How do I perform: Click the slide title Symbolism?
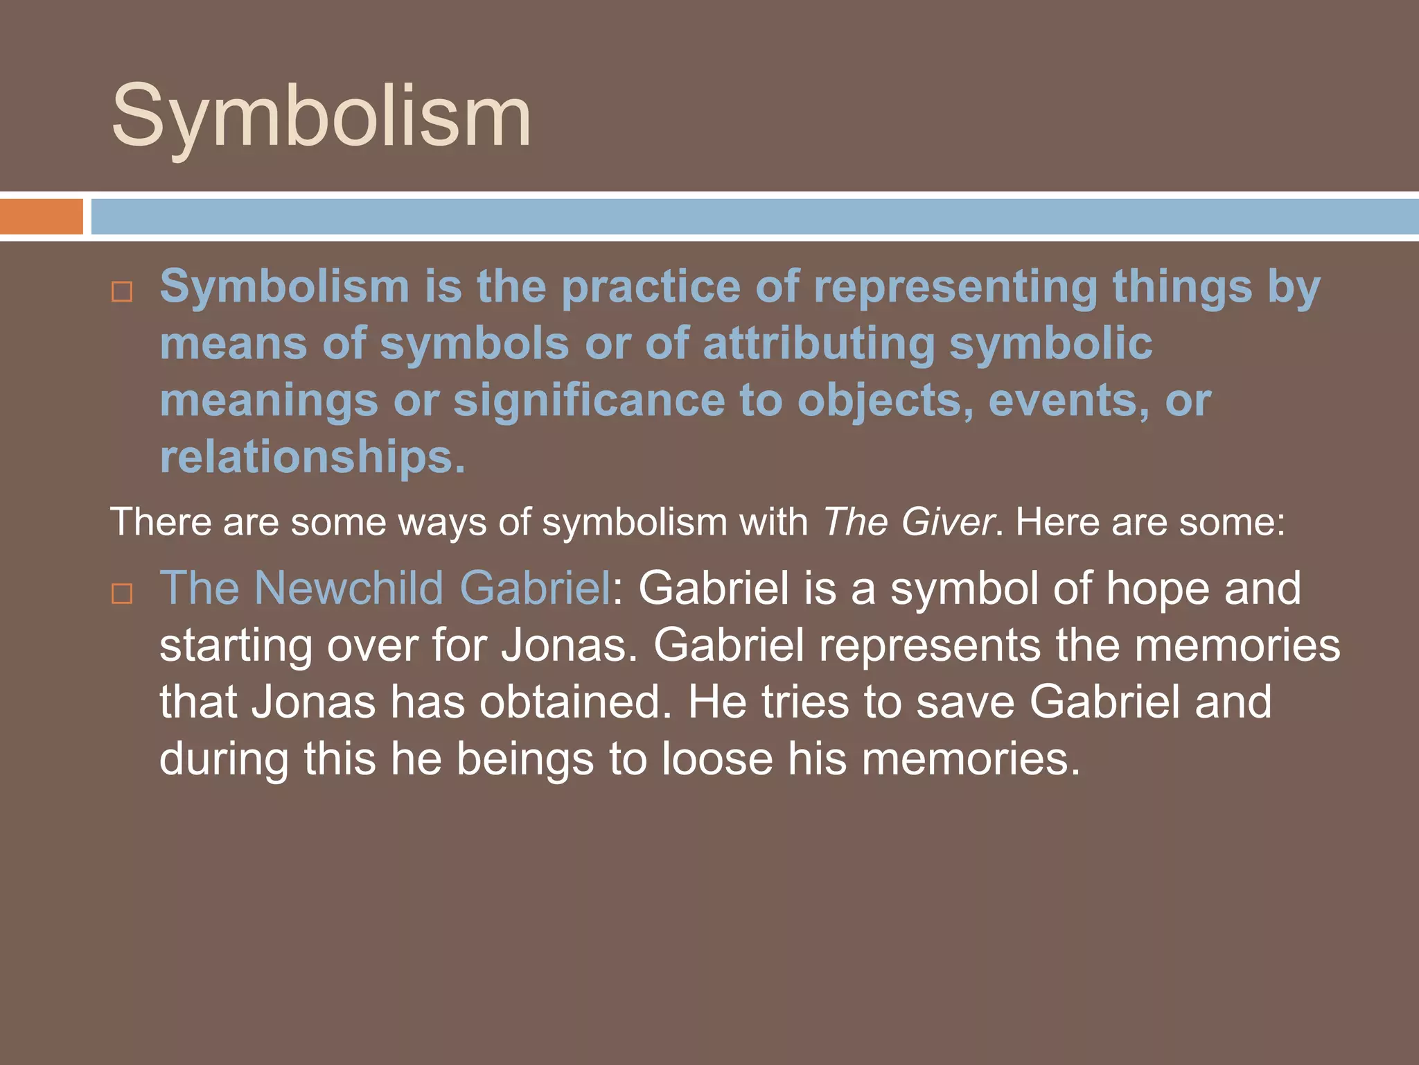[x=321, y=116]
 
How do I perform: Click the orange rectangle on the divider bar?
[x=42, y=216]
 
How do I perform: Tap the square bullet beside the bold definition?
[x=122, y=292]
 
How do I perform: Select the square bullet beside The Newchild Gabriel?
[x=122, y=594]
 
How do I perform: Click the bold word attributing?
[x=818, y=344]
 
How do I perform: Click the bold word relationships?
[x=312, y=458]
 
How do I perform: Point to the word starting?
[x=236, y=646]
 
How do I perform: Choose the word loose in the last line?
[x=716, y=759]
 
